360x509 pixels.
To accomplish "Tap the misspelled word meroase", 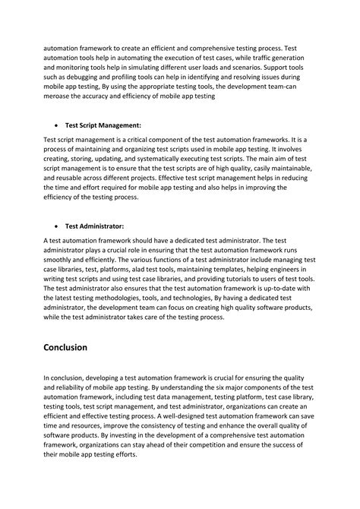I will (61, 96).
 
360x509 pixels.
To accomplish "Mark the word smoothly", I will (62, 258).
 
